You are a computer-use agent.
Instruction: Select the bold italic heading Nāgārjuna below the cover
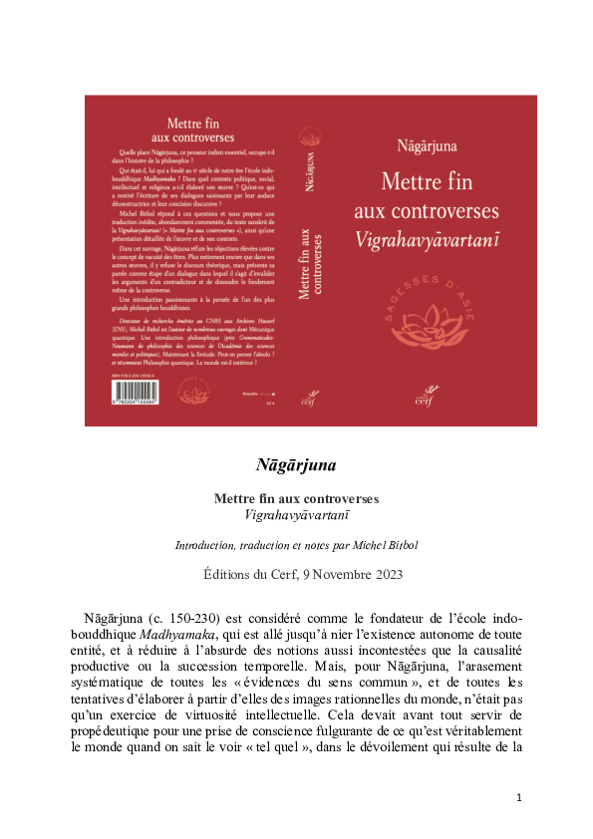[296, 464]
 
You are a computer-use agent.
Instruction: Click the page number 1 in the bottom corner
[519, 797]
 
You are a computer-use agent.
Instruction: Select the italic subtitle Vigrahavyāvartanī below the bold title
[296, 515]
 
